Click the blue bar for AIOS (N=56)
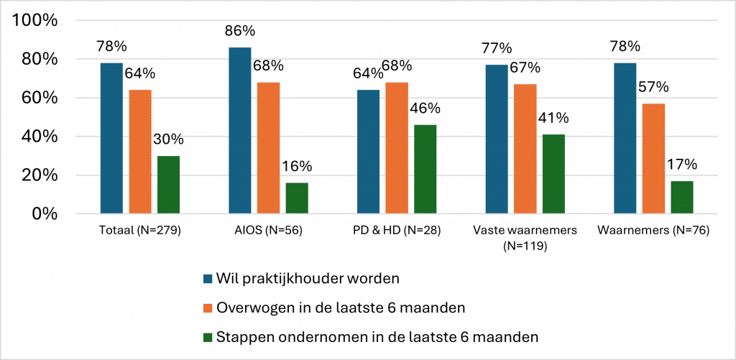click(239, 130)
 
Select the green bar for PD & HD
click(425, 169)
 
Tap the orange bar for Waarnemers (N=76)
click(653, 158)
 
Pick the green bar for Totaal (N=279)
click(168, 185)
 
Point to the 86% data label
click(239, 31)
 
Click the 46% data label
click(425, 109)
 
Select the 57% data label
click(653, 88)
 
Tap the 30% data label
click(168, 140)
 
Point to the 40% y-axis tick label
click(40, 137)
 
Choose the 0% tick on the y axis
click(45, 214)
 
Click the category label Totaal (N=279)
click(139, 231)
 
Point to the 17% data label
click(682, 165)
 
